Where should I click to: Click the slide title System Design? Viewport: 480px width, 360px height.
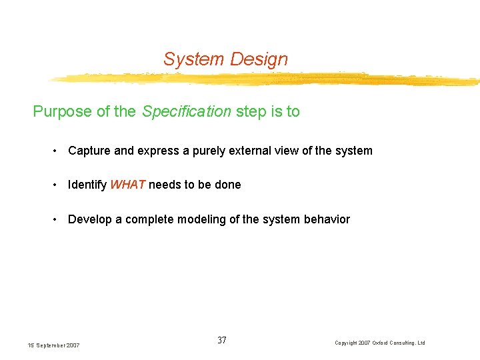225,59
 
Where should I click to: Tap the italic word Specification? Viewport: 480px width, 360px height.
186,111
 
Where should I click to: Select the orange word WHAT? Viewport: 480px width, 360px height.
128,185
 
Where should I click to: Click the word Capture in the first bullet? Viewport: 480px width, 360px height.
89,151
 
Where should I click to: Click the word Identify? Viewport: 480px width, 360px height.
87,185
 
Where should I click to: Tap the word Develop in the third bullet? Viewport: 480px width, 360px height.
90,219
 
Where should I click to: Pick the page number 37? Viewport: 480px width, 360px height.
222,341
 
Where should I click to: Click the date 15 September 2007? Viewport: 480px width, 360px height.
53,345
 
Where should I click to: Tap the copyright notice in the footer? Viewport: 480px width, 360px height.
379,343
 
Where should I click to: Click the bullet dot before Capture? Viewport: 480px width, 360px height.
56,151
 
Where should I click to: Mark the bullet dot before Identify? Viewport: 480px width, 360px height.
56,185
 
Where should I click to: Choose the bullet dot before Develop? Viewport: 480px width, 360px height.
56,220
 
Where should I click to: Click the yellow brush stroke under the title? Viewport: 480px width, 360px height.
267,79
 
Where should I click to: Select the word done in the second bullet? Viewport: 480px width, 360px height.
228,185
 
